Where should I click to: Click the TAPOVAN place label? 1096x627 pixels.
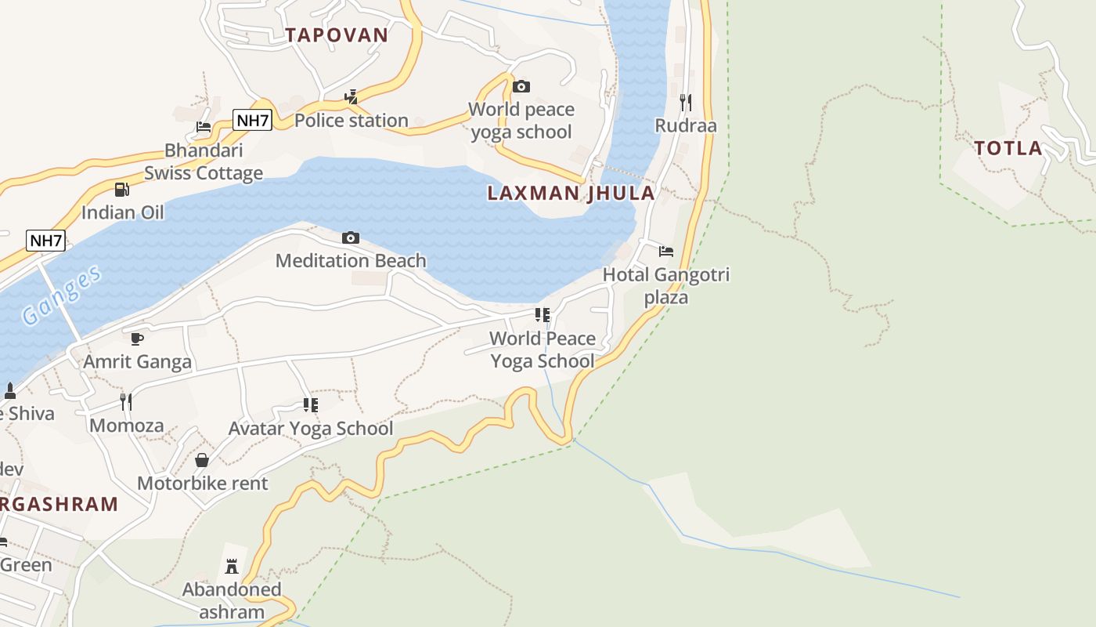click(x=337, y=34)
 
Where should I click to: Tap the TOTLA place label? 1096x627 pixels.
click(x=1008, y=148)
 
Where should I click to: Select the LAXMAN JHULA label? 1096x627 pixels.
click(x=571, y=193)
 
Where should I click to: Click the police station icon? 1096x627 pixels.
click(x=352, y=97)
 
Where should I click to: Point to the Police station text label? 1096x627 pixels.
click(x=352, y=121)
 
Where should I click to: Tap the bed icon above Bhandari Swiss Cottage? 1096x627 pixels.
click(x=204, y=126)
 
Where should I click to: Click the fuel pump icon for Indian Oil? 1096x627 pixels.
click(x=122, y=189)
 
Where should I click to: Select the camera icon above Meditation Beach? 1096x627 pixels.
click(x=351, y=237)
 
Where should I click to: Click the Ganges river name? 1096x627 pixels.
click(x=62, y=295)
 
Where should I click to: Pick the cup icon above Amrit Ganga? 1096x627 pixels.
click(x=137, y=339)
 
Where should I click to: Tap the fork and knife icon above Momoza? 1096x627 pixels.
click(x=126, y=402)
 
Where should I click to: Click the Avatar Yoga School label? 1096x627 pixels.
click(x=311, y=429)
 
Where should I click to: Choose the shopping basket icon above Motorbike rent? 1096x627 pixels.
click(x=202, y=460)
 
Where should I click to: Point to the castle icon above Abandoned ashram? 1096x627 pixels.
click(x=232, y=566)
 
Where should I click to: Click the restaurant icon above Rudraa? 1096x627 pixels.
click(x=686, y=102)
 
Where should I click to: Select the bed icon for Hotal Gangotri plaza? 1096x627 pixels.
click(x=666, y=252)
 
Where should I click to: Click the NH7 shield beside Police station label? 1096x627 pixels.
click(x=252, y=120)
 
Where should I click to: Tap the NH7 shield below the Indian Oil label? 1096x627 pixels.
click(x=45, y=241)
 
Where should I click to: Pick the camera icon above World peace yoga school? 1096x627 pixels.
click(x=521, y=86)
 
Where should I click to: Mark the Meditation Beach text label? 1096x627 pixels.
click(x=351, y=261)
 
